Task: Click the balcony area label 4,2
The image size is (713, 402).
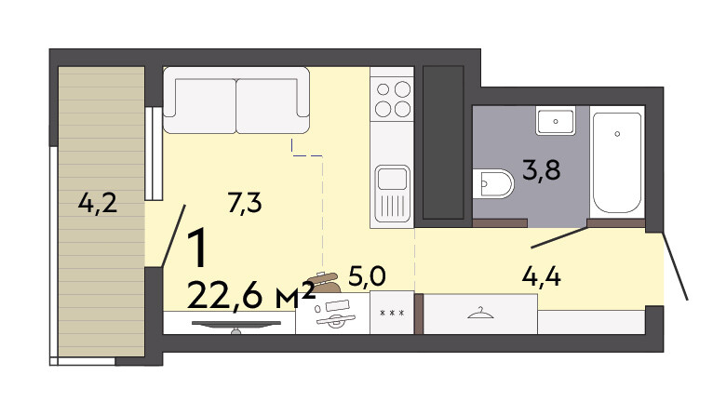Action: pos(98,203)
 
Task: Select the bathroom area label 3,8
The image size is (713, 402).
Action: pos(542,170)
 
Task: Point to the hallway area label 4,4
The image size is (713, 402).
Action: pos(541,276)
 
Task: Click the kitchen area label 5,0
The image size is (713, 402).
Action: pos(367,276)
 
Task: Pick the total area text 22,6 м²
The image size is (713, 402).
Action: pos(251,296)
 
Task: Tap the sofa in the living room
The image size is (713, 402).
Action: pos(236,100)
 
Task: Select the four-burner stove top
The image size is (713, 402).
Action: pos(393,100)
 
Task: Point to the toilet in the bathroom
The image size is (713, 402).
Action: pos(493,183)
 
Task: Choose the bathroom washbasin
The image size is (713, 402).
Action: pos(555,121)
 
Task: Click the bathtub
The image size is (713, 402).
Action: pos(617,163)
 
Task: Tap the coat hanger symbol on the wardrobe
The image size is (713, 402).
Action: pos(480,314)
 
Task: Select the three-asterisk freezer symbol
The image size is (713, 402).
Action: pos(392,313)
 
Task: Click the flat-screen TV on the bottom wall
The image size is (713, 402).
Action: pos(236,325)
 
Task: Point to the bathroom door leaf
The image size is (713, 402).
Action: pos(559,238)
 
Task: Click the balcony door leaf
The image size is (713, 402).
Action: pos(174,235)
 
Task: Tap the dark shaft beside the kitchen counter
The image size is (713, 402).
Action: pos(443,142)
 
